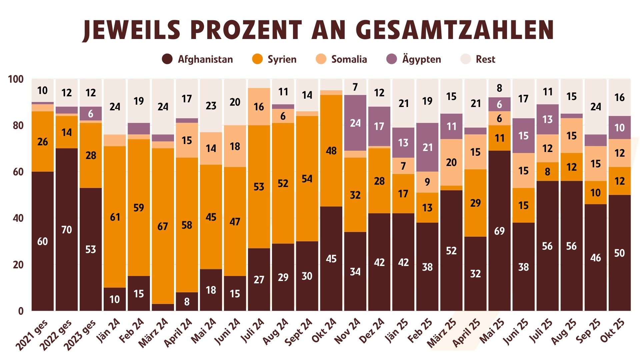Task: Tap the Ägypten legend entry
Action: point(414,59)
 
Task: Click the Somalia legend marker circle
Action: point(321,59)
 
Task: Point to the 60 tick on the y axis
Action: point(18,172)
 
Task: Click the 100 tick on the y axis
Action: point(16,79)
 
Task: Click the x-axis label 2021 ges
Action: point(32,335)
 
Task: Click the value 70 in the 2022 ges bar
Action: point(67,230)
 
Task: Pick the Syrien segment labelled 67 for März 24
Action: point(163,226)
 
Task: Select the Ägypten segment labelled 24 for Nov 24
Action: point(355,123)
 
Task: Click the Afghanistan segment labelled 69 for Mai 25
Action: point(499,231)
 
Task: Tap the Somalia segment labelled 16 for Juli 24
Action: point(259,107)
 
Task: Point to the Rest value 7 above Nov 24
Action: point(355,87)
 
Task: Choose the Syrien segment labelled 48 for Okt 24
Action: point(331,151)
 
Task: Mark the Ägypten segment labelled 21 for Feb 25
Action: point(427,147)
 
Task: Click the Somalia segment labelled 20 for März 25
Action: point(451,162)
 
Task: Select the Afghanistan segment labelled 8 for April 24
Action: point(187,302)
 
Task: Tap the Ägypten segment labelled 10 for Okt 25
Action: point(619,128)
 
